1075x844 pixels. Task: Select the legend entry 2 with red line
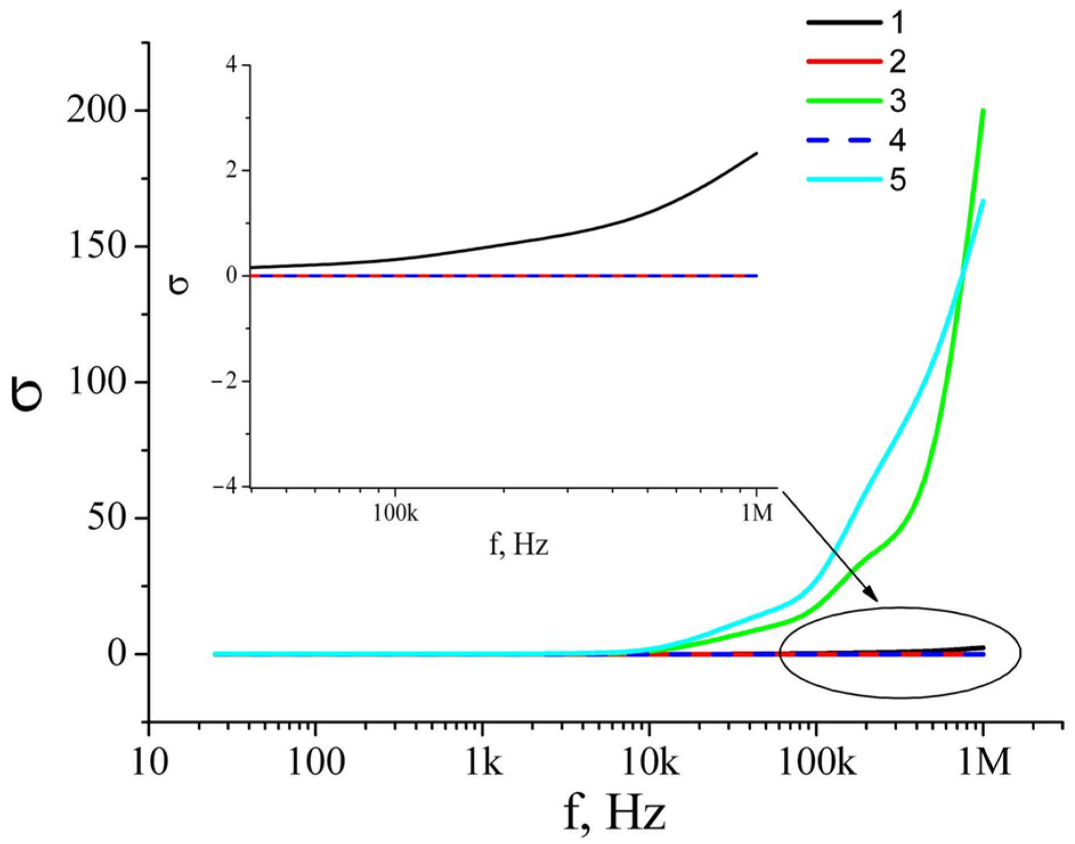coord(897,61)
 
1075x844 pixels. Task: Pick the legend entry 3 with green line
coord(897,101)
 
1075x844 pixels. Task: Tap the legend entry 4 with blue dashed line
coord(897,141)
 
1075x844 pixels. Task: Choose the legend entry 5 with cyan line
coord(897,181)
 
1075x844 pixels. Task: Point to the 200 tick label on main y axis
coord(96,110)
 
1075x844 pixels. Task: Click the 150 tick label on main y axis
coord(96,247)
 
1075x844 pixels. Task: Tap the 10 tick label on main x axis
coord(150,763)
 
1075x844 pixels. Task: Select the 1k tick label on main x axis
coord(484,763)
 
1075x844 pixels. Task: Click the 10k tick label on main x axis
coord(649,763)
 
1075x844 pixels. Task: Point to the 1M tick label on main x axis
coord(983,763)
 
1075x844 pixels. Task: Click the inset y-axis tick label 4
coord(230,65)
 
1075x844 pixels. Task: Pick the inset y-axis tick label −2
coord(223,381)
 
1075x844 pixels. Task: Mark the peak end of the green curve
coord(983,110)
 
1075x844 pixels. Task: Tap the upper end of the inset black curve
coord(756,153)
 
